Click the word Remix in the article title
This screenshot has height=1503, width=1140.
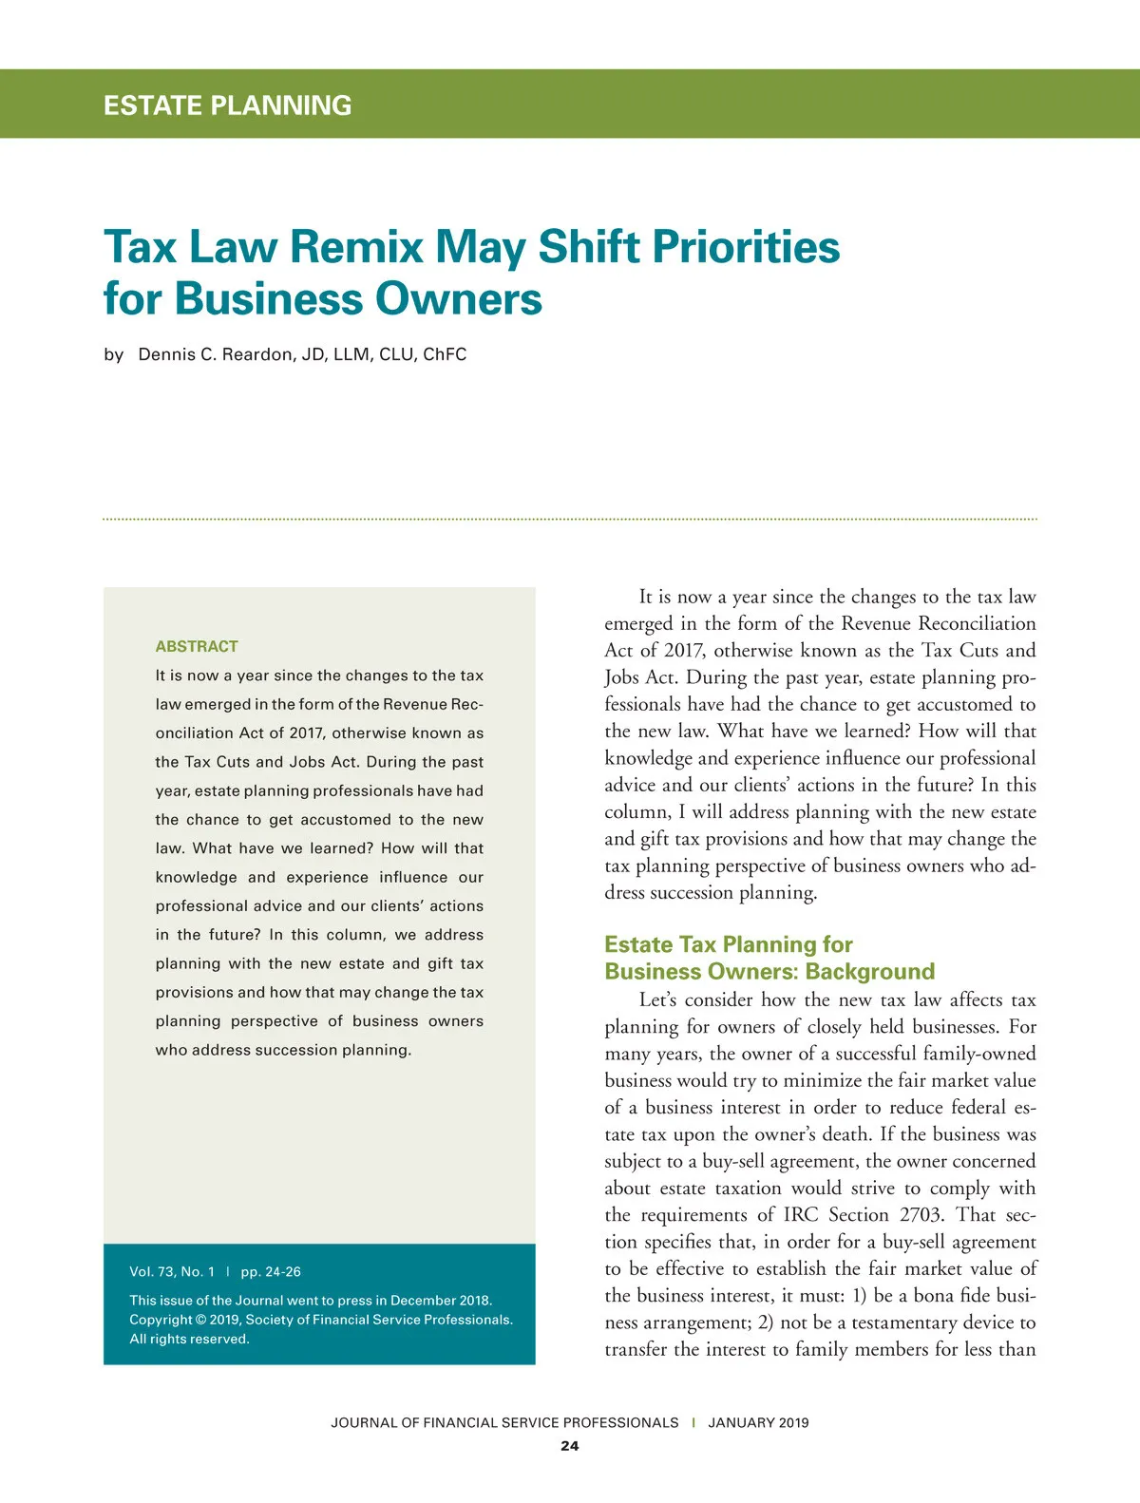(x=355, y=247)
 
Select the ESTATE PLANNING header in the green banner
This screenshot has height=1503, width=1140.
(x=227, y=105)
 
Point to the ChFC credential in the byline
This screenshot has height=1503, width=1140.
(x=445, y=354)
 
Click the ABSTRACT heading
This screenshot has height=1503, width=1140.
(x=197, y=646)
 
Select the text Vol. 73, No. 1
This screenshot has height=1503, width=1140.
(x=172, y=1271)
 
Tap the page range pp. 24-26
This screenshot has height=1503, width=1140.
(x=271, y=1271)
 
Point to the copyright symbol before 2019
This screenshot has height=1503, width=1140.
(x=200, y=1320)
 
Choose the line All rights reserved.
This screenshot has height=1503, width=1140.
(x=189, y=1339)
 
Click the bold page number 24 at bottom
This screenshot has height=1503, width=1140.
(x=569, y=1446)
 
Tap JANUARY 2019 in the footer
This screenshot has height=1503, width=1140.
(x=758, y=1422)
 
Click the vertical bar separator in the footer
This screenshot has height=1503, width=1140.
(x=693, y=1422)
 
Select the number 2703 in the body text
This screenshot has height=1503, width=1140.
(x=921, y=1215)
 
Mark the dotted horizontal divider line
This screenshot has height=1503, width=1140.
(x=570, y=519)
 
